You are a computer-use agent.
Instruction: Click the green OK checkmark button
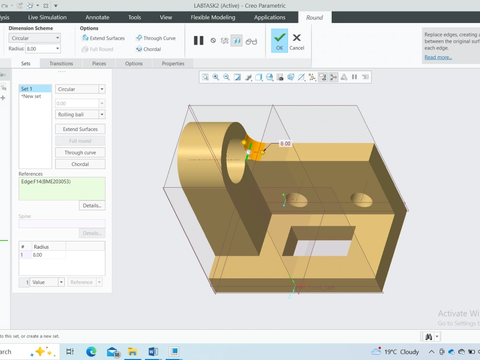click(x=279, y=40)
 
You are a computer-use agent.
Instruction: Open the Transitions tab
click(x=61, y=63)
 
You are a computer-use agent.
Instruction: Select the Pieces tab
click(x=99, y=63)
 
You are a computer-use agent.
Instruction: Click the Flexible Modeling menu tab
click(x=213, y=17)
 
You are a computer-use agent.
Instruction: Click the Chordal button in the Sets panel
click(x=80, y=164)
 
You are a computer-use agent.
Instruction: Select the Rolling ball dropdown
click(x=80, y=115)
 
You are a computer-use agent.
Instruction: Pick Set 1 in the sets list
click(x=35, y=89)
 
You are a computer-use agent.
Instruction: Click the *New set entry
click(x=31, y=96)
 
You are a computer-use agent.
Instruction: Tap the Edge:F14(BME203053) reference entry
click(x=46, y=181)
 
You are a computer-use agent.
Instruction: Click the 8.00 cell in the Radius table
click(x=48, y=255)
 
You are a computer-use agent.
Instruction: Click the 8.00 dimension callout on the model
click(x=285, y=144)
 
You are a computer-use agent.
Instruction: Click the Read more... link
click(x=438, y=57)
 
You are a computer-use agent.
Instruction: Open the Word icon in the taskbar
click(x=153, y=351)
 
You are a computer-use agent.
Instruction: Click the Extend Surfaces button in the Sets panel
click(x=80, y=129)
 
